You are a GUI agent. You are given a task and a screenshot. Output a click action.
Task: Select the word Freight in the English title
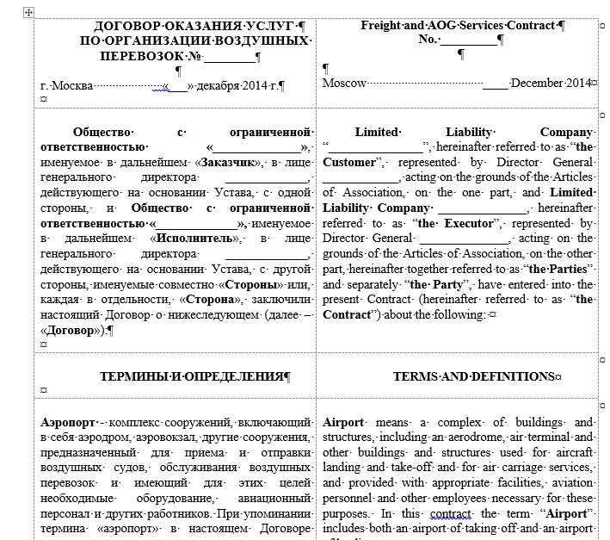380,26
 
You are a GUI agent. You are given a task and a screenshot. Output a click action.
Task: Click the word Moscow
345,84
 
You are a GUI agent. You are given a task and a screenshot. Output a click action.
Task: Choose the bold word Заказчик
228,163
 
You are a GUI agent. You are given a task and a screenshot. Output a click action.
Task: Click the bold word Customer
351,162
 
